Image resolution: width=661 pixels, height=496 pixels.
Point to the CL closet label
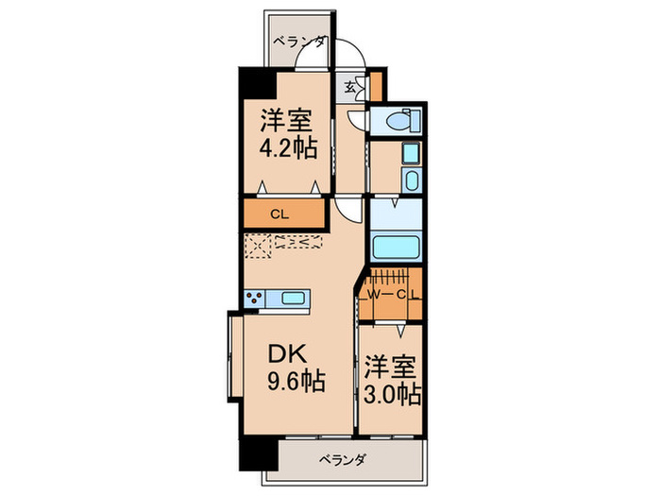click(279, 214)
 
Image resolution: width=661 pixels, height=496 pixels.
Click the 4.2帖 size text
click(287, 149)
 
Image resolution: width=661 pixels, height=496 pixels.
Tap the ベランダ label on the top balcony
click(300, 41)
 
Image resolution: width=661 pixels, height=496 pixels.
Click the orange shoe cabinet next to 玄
click(377, 85)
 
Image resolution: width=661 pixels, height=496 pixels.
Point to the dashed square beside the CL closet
click(258, 246)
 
